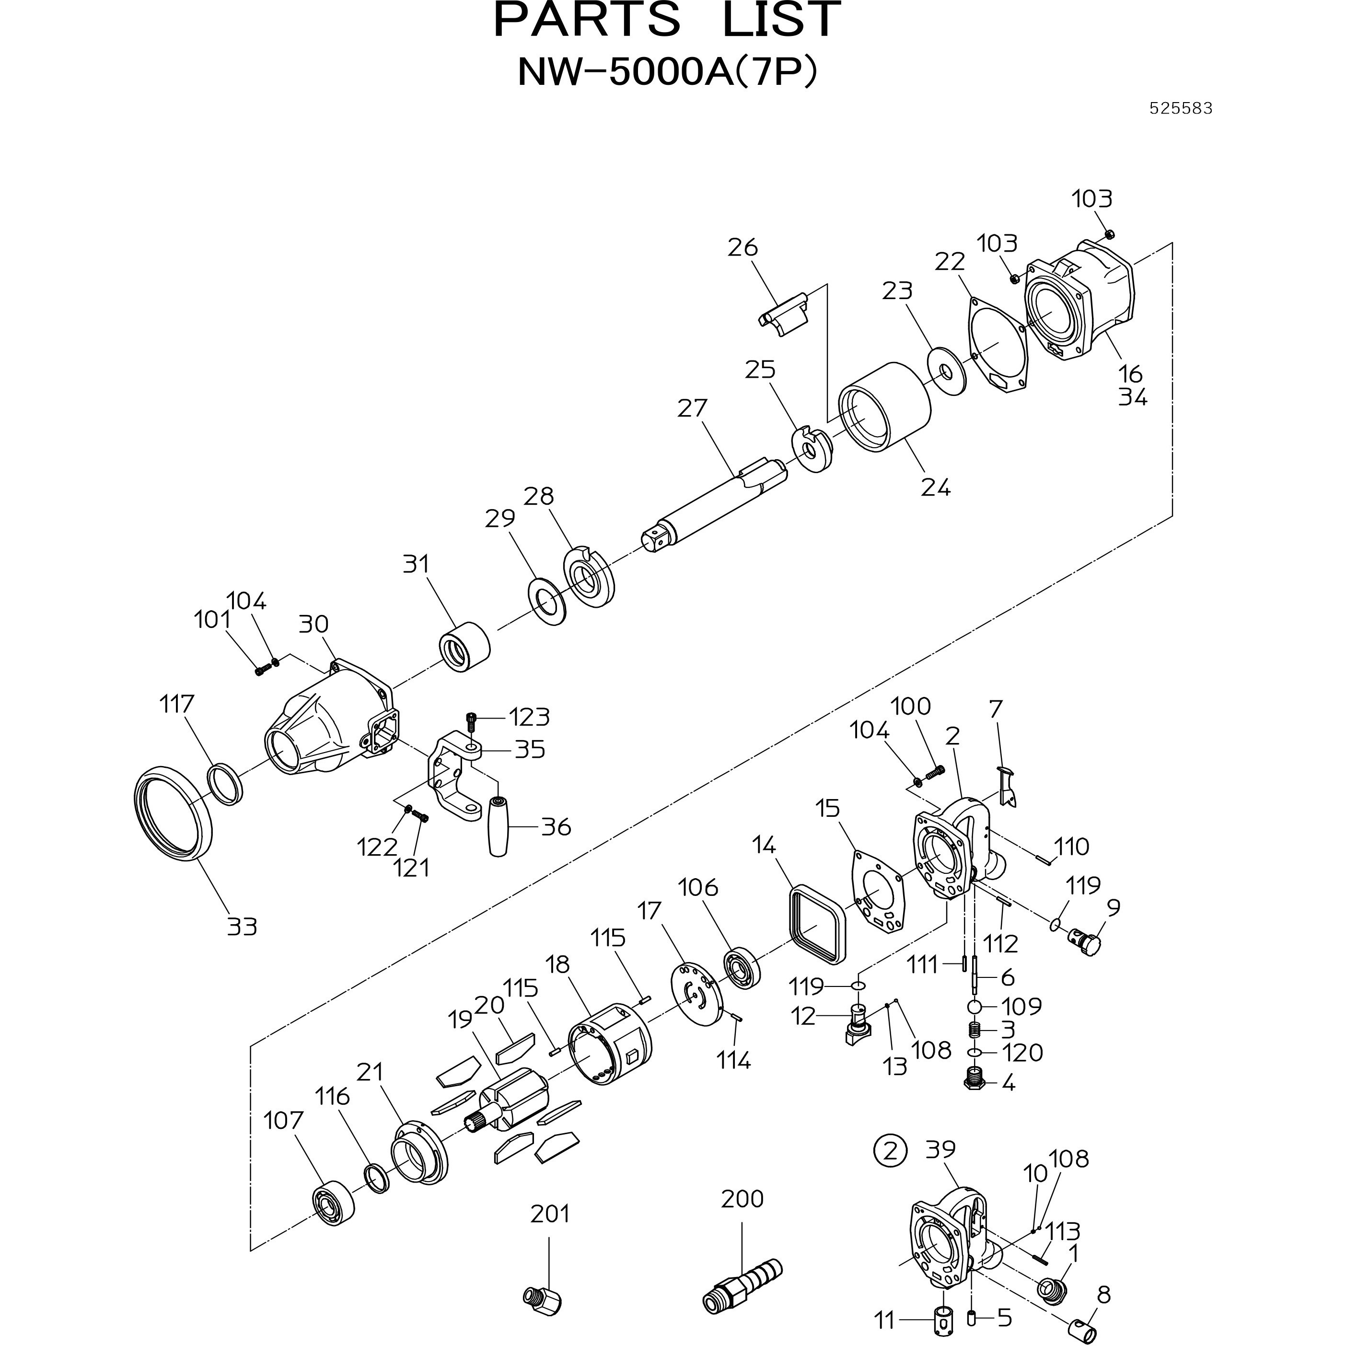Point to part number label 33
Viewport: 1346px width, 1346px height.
pos(242,927)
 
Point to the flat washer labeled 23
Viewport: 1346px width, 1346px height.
pos(946,373)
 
